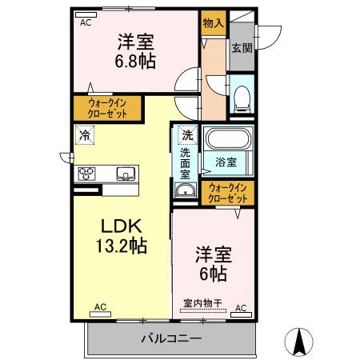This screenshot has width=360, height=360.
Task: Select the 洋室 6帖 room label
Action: [212, 263]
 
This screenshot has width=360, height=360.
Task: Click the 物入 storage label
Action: [212, 24]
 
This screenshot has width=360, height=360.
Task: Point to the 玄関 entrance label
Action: [242, 47]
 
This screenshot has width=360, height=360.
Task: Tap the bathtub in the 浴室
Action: [228, 141]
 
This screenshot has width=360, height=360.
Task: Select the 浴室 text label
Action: [225, 162]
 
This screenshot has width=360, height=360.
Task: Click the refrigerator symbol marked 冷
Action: [85, 135]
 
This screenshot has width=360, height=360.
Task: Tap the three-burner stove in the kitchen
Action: [87, 173]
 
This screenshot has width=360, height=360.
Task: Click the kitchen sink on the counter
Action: [126, 173]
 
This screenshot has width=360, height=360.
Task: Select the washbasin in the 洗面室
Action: [186, 190]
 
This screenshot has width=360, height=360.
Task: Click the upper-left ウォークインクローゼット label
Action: [106, 108]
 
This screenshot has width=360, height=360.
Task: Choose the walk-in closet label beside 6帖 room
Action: [227, 192]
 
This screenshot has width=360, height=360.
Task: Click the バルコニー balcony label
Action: [172, 338]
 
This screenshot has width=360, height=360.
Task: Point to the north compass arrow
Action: [301, 340]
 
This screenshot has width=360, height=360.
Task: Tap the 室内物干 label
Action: [202, 303]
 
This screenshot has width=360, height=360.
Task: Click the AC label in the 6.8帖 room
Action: [86, 22]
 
